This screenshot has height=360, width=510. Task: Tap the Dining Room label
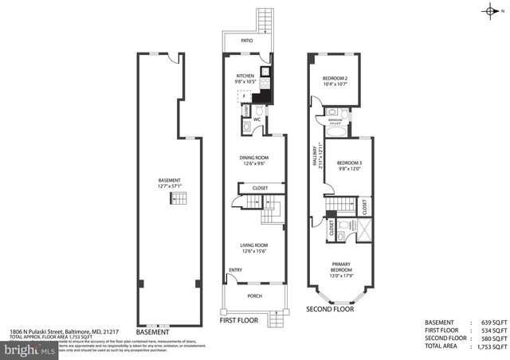[254, 158]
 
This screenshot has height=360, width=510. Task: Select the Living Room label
[254, 245]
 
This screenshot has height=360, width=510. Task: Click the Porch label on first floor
[254, 296]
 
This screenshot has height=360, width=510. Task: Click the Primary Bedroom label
[340, 267]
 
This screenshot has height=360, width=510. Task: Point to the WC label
[257, 119]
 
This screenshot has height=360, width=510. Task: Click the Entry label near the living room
[236, 270]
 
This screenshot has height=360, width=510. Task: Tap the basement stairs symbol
[181, 198]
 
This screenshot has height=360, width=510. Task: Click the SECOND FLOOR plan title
[330, 308]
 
